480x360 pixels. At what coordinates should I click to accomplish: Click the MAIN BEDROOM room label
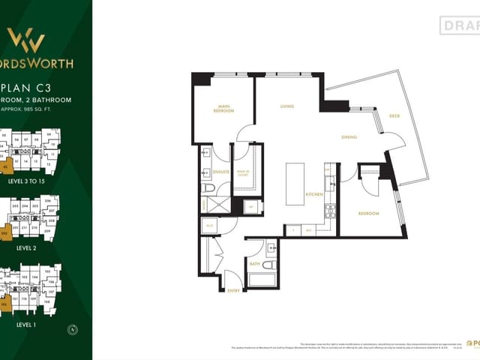pos(223,109)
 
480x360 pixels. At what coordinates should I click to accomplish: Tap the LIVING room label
pos(286,106)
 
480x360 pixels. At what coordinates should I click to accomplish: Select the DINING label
pos(349,137)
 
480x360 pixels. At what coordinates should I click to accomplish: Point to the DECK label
pos(394,116)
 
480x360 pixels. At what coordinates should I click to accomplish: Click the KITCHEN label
pos(313,194)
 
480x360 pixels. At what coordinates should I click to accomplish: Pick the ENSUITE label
pos(220,172)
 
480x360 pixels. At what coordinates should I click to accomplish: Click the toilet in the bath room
pos(269,264)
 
